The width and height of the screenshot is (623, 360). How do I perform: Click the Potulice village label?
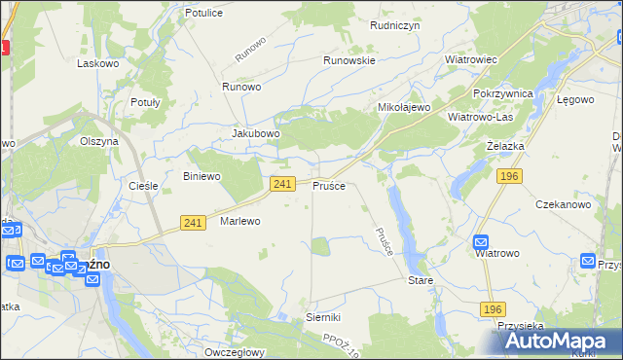point(203,13)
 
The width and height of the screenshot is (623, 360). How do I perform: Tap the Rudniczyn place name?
point(394,26)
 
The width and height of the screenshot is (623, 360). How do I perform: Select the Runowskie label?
point(349,59)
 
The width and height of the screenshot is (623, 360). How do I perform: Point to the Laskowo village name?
point(97,62)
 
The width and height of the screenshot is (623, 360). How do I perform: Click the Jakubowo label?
point(256,133)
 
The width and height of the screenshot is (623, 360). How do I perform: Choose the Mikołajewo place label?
point(404,107)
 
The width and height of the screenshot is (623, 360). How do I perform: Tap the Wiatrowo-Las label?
point(480,117)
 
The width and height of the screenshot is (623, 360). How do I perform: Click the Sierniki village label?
point(323,317)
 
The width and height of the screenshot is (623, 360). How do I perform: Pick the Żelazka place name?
point(505,145)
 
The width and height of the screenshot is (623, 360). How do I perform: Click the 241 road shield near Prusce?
point(282,184)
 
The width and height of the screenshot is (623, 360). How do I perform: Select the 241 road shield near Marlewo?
point(192,223)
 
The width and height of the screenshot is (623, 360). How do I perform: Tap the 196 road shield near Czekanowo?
point(508,175)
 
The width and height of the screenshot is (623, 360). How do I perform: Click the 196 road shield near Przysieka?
point(493,308)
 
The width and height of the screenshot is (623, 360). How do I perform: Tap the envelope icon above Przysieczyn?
point(589,261)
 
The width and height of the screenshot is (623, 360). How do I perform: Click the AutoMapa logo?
point(554,342)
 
